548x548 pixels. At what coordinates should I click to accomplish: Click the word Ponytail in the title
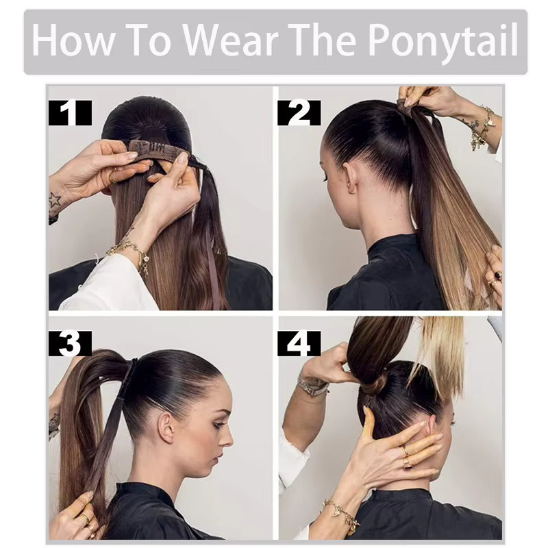pyautogui.click(x=443, y=41)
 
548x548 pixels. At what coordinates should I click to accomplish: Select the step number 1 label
pyautogui.click(x=70, y=112)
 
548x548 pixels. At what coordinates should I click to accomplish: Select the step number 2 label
pyautogui.click(x=299, y=112)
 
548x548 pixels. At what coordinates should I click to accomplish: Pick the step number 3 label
pyautogui.click(x=70, y=343)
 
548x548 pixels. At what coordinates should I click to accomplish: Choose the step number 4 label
pyautogui.click(x=299, y=343)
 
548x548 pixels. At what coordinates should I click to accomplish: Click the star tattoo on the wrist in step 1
pyautogui.click(x=55, y=200)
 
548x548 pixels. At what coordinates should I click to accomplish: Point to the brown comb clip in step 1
pyautogui.click(x=159, y=149)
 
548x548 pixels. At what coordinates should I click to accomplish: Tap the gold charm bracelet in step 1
pyautogui.click(x=131, y=253)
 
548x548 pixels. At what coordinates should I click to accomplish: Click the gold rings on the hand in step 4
pyautogui.click(x=406, y=456)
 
